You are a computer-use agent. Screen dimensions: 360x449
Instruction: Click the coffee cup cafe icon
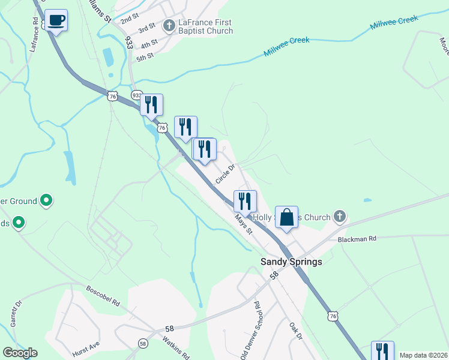(56, 20)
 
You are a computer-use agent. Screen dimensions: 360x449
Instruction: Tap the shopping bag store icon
(287, 217)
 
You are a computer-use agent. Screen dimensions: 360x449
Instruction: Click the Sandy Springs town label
(291, 262)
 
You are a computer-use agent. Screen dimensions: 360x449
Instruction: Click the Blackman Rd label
(357, 239)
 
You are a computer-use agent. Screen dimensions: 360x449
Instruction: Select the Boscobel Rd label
(103, 295)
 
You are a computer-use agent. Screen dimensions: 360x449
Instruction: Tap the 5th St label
(145, 56)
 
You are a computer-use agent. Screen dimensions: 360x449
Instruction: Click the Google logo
(20, 353)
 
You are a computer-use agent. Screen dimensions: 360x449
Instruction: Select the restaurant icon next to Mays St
(245, 200)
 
